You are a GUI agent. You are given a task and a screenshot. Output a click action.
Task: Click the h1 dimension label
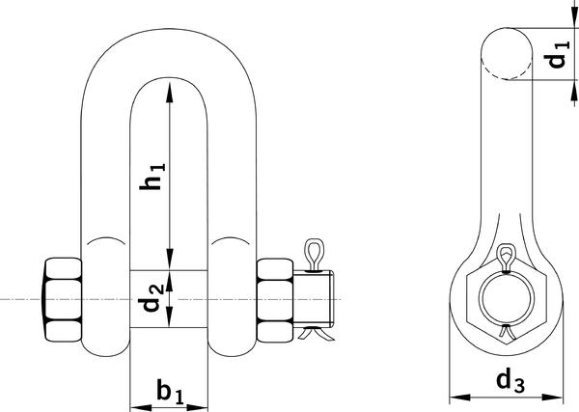click(152, 177)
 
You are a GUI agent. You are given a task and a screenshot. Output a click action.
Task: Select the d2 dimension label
click(152, 298)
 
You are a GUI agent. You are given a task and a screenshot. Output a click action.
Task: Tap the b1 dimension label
click(170, 391)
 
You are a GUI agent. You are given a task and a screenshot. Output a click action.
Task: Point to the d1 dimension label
click(558, 55)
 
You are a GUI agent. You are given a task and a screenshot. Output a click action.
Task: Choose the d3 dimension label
click(510, 382)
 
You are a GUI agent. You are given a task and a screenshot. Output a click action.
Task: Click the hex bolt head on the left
click(63, 299)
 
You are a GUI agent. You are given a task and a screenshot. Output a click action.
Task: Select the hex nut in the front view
click(275, 300)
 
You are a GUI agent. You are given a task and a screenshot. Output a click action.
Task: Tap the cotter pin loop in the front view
click(314, 255)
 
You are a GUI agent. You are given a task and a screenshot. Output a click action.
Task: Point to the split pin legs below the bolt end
click(317, 332)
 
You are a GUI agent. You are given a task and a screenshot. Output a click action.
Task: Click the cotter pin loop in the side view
click(506, 258)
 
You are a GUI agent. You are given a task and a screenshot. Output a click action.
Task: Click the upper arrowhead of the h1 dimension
click(170, 93)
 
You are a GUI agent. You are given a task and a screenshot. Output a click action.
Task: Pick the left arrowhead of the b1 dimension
click(141, 408)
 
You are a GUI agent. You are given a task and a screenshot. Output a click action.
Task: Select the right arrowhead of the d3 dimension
click(552, 398)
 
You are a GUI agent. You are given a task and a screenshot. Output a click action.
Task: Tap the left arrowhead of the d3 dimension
click(460, 398)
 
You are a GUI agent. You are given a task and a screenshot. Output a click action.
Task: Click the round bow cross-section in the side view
click(507, 53)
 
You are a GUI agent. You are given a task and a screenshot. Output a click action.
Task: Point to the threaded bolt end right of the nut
click(314, 299)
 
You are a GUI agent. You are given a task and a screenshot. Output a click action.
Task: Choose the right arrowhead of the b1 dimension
click(198, 408)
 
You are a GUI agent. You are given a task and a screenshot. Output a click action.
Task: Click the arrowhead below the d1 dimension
click(574, 90)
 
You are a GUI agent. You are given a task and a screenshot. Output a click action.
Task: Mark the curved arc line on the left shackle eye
click(105, 239)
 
